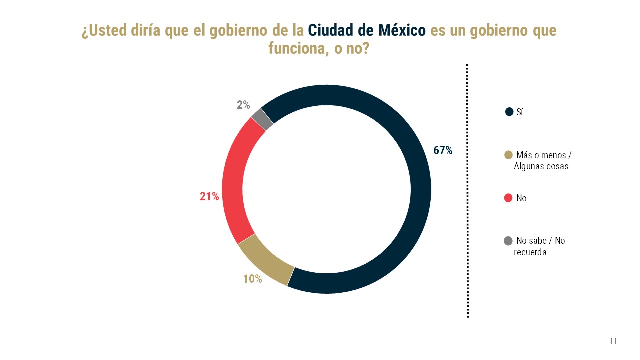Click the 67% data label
[x=443, y=150]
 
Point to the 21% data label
[x=209, y=197]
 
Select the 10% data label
[x=252, y=279]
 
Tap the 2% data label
[x=243, y=105]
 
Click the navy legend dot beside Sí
[x=509, y=112]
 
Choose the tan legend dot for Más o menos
[x=509, y=154]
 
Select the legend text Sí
[x=520, y=112]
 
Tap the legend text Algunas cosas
[x=541, y=166]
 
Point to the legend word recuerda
[x=530, y=252]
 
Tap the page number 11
[x=613, y=341]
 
